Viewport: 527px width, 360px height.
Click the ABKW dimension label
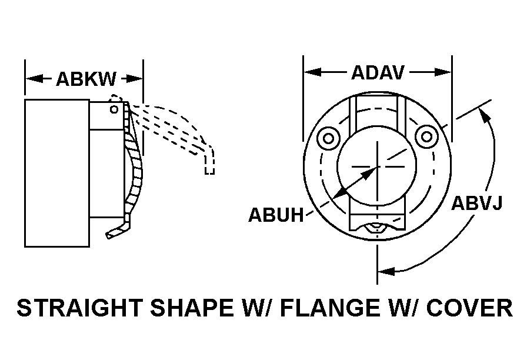[x=86, y=79]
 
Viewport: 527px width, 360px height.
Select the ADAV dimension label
[x=378, y=72]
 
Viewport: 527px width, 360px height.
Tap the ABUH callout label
[x=276, y=215]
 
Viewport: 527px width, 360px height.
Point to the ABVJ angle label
[x=476, y=203]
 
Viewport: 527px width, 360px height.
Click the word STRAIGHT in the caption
[x=79, y=308]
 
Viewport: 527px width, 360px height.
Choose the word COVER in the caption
[x=469, y=308]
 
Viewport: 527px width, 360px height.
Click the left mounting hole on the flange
[x=328, y=138]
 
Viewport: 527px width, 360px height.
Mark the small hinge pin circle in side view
[x=114, y=109]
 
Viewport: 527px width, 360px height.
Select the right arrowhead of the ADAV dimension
[x=443, y=72]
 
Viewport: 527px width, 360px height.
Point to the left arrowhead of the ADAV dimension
[x=312, y=72]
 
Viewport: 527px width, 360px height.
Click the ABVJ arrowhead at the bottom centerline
[x=386, y=271]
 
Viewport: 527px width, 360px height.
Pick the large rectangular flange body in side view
[x=57, y=173]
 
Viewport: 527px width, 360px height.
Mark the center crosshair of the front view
[x=378, y=166]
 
